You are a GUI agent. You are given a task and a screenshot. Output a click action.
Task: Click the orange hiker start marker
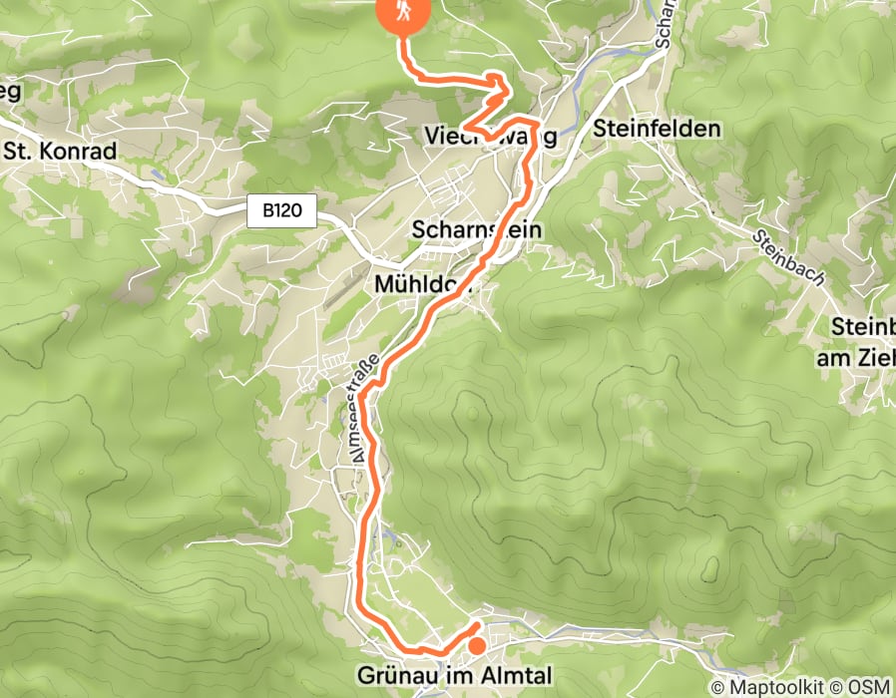click(x=403, y=14)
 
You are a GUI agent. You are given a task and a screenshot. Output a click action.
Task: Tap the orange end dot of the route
click(x=477, y=646)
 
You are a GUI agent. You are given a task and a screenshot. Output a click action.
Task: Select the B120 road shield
click(x=282, y=211)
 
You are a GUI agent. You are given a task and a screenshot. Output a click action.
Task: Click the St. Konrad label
click(x=61, y=152)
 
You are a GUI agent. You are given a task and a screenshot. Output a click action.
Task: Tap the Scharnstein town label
click(x=477, y=230)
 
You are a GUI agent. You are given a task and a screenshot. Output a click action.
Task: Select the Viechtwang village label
click(x=489, y=136)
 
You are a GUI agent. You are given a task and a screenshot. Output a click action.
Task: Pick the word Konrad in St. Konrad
click(x=78, y=152)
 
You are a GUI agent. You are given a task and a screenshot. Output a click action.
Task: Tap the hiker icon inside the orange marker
click(x=403, y=11)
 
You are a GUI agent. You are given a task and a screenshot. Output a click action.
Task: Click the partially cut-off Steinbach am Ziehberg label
click(x=855, y=342)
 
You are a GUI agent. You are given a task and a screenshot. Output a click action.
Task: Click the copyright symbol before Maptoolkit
click(x=718, y=688)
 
